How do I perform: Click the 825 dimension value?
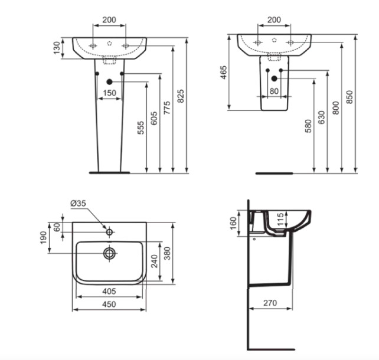(181, 96)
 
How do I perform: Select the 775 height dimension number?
(167, 108)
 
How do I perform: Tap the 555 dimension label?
(141, 128)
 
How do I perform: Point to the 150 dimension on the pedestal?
(109, 93)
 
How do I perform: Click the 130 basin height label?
(57, 48)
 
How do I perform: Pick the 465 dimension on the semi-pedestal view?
(224, 72)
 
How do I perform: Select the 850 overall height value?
(349, 97)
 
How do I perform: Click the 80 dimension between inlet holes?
(274, 91)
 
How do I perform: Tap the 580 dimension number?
(308, 126)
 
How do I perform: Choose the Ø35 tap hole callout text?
(79, 204)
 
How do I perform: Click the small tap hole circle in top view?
(109, 232)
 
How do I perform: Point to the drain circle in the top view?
(109, 253)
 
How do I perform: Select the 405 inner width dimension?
(109, 292)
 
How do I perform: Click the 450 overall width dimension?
(109, 305)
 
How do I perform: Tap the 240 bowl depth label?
(154, 261)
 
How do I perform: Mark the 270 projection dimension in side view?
(270, 303)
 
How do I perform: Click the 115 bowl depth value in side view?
(280, 220)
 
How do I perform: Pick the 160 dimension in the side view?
(233, 223)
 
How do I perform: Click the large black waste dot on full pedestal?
(109, 82)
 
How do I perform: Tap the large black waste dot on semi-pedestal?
(274, 78)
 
